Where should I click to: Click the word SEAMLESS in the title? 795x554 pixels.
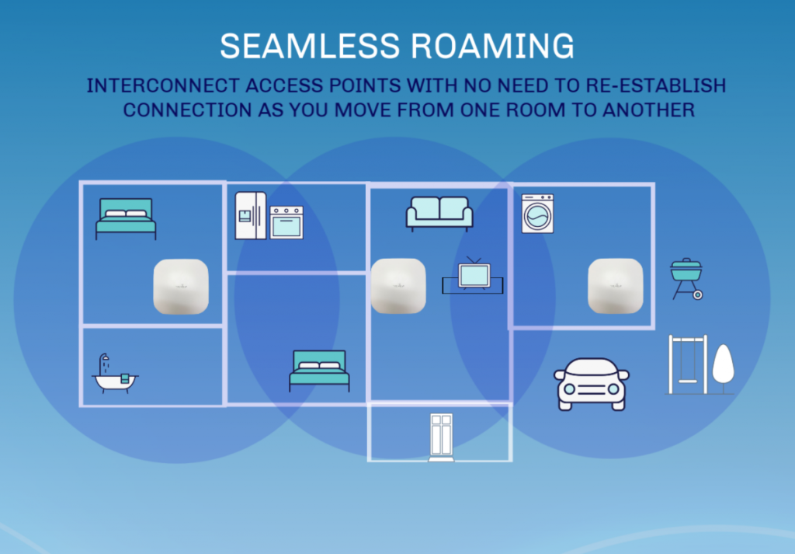pos(310,46)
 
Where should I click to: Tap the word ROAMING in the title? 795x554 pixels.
pos(492,46)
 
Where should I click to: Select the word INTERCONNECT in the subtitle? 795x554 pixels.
pos(163,85)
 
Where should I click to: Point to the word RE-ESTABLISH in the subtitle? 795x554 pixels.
pos(656,85)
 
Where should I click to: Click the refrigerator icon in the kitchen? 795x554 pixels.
pos(251,215)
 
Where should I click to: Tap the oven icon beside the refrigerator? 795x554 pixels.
pos(286,222)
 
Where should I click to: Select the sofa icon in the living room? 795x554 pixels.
pos(439,214)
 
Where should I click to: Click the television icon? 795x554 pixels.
pos(473,276)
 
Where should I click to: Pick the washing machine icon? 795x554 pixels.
pos(538,214)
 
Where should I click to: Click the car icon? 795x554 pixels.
pos(592,384)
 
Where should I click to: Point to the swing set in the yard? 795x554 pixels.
pos(688,364)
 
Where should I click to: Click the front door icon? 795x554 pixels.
pos(441,437)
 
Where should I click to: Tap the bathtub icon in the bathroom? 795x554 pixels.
pos(115,374)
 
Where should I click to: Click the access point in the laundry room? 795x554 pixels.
pos(616,286)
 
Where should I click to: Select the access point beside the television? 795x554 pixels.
pos(398,286)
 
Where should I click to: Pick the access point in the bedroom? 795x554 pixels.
pos(181,287)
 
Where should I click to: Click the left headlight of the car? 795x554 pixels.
pos(569,389)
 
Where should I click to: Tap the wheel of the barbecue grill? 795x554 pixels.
pos(698,294)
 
